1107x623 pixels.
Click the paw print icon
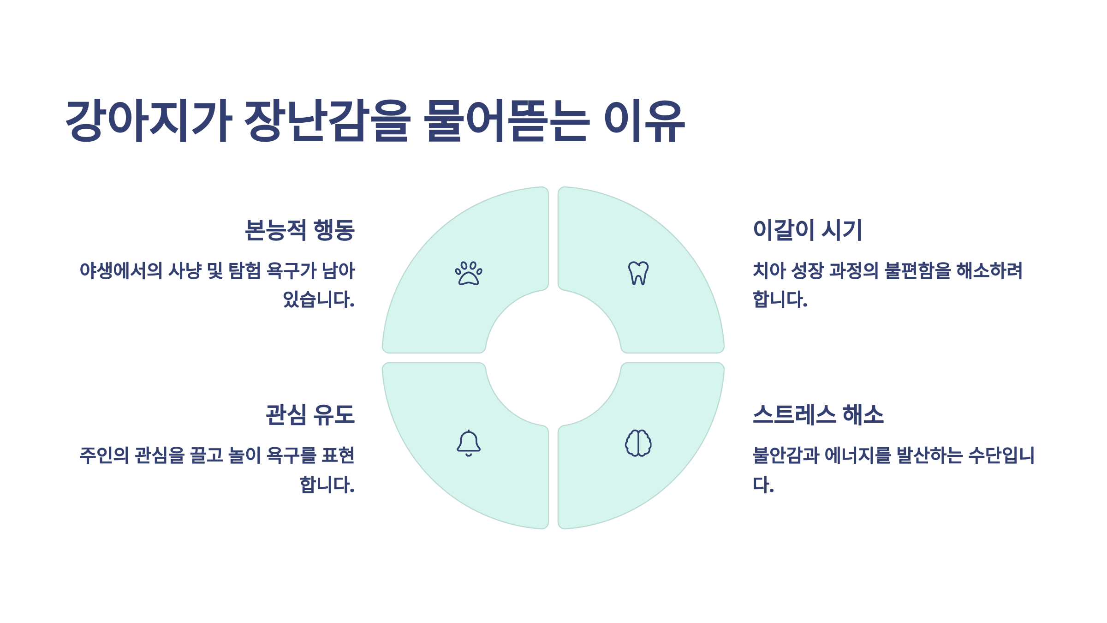tap(469, 273)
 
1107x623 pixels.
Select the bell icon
tap(469, 443)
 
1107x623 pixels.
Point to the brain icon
tap(638, 443)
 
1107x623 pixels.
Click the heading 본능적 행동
tap(299, 230)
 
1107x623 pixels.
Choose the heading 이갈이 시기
tap(807, 230)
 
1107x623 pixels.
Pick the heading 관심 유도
tap(310, 414)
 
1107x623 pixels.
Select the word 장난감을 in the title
tap(327, 121)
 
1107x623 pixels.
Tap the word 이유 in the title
tap(644, 121)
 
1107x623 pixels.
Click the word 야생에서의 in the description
tap(121, 271)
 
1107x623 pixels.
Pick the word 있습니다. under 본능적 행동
tap(319, 300)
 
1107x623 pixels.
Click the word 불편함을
tap(917, 271)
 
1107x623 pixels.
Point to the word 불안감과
tap(786, 455)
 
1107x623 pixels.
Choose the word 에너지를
tap(857, 455)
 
